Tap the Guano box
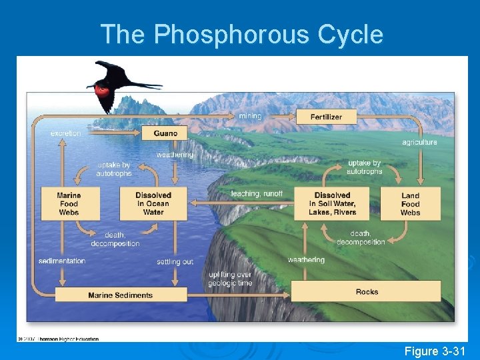[x=165, y=133]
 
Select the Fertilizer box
[x=326, y=117]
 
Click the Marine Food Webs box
[x=69, y=203]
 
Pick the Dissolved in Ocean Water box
[x=153, y=203]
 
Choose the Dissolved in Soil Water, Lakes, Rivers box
[x=332, y=203]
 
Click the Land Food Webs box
[x=410, y=203]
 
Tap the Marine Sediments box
[x=120, y=295]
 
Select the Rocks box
[x=367, y=291]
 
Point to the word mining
[x=250, y=116]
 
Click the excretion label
[x=65, y=133]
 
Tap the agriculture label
[x=419, y=142]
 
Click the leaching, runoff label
[x=257, y=193]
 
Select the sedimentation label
[x=62, y=261]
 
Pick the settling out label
[x=175, y=261]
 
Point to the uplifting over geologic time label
[x=229, y=278]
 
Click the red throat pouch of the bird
[x=102, y=88]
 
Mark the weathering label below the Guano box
[x=175, y=155]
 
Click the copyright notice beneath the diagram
[x=59, y=339]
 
